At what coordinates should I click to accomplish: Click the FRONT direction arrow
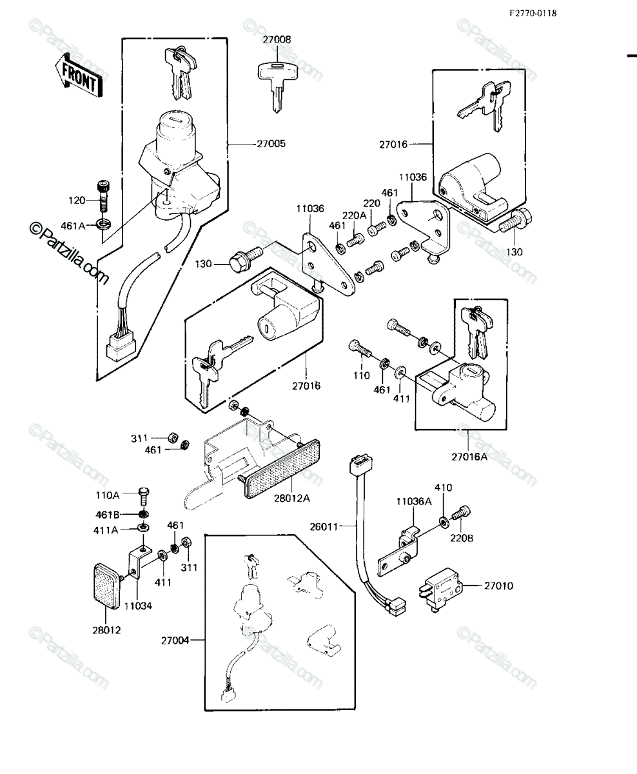click(x=79, y=75)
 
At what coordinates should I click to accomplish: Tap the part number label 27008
click(x=277, y=39)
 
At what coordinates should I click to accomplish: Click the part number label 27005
click(x=271, y=143)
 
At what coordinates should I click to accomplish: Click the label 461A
click(x=73, y=226)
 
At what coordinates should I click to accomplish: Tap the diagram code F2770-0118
click(x=533, y=14)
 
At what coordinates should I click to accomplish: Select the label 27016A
click(x=469, y=457)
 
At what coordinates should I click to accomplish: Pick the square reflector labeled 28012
click(x=108, y=587)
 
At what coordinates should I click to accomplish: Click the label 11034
click(x=138, y=606)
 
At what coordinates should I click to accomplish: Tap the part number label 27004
click(x=175, y=640)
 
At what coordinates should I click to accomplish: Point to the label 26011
click(x=324, y=527)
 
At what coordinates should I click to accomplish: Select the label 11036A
click(x=414, y=501)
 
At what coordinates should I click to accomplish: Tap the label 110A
click(x=108, y=495)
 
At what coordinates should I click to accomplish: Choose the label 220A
click(x=355, y=215)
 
